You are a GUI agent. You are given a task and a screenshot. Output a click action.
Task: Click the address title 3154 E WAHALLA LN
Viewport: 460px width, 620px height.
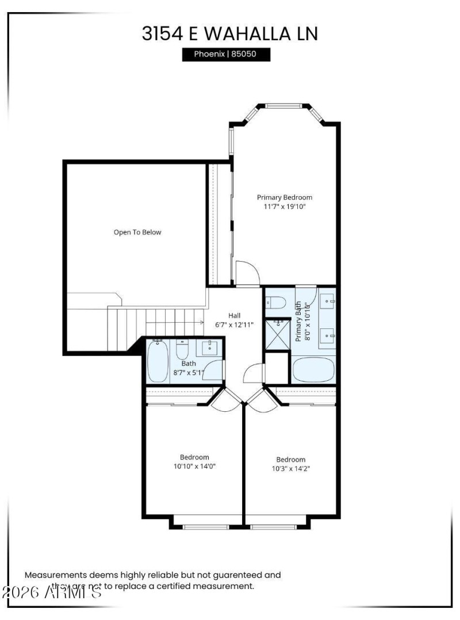[229, 33]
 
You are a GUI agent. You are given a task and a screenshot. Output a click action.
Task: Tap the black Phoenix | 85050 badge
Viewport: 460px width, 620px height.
[226, 55]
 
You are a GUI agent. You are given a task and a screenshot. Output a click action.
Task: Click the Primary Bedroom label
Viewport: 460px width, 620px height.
[285, 197]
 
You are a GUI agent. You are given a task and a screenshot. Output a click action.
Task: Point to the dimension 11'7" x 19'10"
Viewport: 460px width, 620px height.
[285, 206]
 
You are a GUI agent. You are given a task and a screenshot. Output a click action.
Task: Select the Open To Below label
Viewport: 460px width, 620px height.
[137, 232]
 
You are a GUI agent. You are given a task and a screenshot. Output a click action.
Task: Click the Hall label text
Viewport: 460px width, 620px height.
[234, 315]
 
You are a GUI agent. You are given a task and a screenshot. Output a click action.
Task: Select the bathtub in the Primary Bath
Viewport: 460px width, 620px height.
[313, 369]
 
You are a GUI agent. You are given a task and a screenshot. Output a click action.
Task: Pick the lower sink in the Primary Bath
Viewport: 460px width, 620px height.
[328, 334]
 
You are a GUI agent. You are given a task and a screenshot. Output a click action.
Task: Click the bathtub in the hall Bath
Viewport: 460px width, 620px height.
[158, 361]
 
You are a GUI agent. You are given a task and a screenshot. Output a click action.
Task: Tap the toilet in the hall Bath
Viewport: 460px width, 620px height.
[182, 350]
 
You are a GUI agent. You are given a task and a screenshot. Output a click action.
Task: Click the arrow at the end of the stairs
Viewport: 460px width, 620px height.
[201, 323]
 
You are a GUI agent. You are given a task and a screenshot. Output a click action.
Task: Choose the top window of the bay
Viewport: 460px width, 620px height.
[282, 106]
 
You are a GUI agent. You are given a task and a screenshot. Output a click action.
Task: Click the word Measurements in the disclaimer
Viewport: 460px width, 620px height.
[55, 575]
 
